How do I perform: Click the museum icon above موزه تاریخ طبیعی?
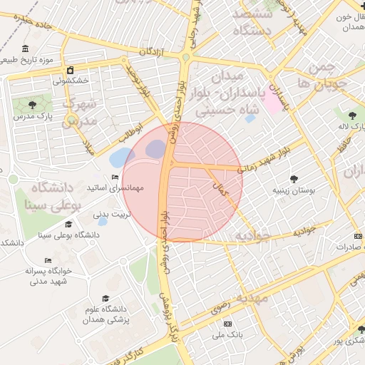(25, 48)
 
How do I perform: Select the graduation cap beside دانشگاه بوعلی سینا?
(68, 224)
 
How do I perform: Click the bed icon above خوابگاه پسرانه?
(48, 260)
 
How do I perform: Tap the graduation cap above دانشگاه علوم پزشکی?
(106, 298)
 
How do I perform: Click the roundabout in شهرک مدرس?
(71, 120)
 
